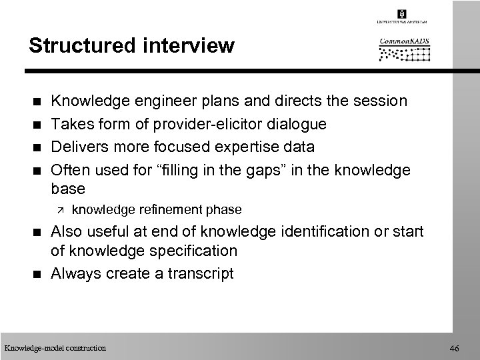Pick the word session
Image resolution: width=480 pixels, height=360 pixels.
click(x=379, y=101)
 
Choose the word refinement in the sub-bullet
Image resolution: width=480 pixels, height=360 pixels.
click(x=161, y=209)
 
